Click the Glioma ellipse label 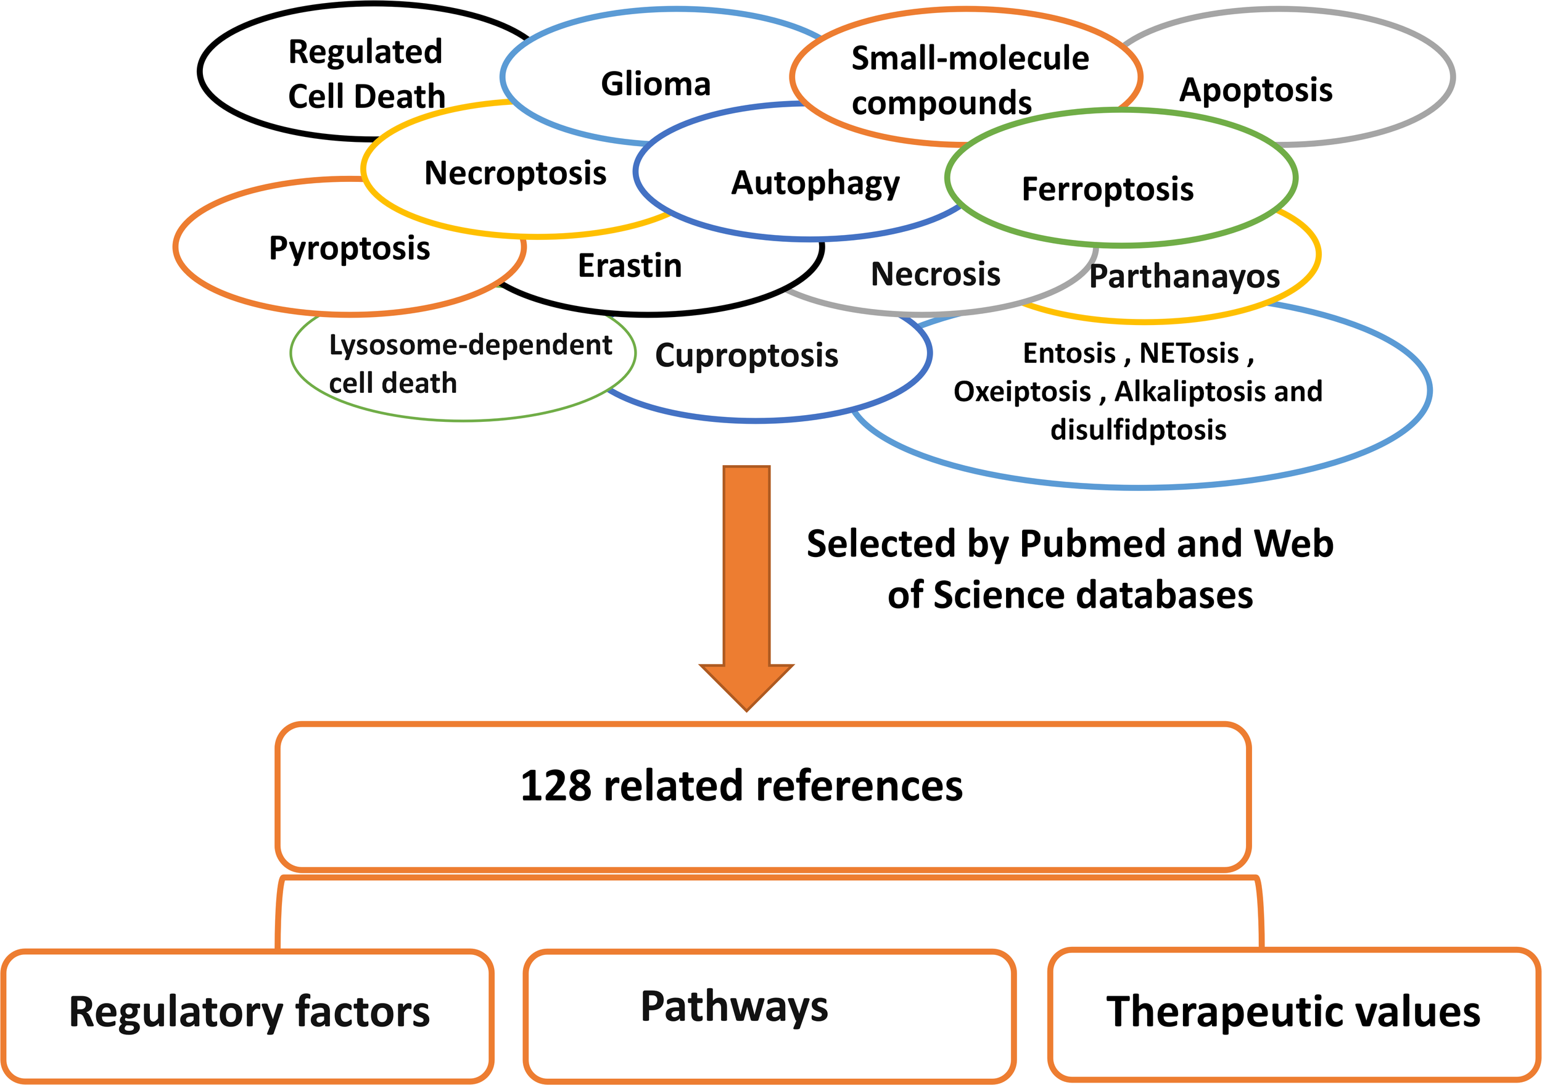pos(656,85)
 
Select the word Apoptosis pos(1255,90)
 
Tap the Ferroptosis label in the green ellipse pos(1108,189)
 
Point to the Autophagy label pos(815,183)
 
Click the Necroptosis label pos(515,173)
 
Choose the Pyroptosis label pos(349,249)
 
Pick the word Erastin pos(629,266)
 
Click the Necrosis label pos(935,274)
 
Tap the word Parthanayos pos(1184,277)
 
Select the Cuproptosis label pos(746,355)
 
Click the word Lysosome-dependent pos(470,345)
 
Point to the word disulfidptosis pos(1139,430)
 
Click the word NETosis pos(1189,353)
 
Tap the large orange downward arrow pos(746,585)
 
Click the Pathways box pos(769,1015)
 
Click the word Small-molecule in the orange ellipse pos(969,59)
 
